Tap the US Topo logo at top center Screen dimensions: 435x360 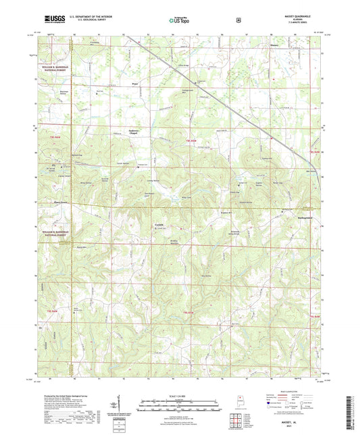pos(179,20)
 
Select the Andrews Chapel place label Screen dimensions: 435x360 pos(137,132)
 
